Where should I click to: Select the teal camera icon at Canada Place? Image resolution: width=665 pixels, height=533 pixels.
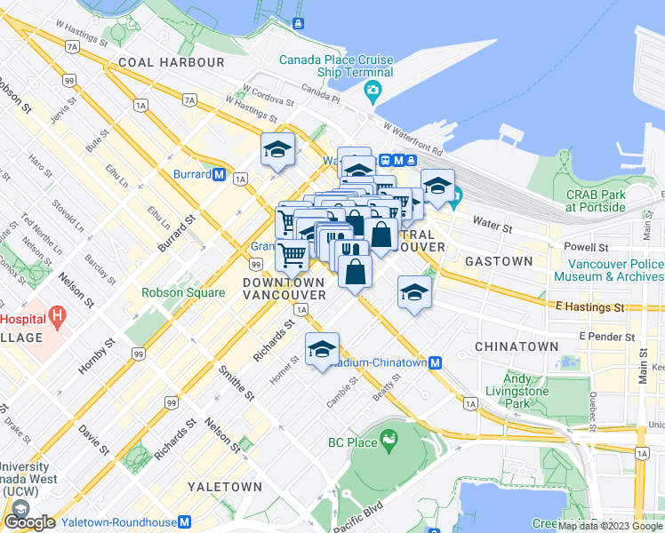coord(373,91)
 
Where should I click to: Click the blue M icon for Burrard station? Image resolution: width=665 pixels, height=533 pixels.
coord(219,174)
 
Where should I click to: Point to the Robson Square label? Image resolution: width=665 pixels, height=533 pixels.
coord(183,291)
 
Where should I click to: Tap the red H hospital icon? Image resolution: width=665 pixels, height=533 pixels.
coord(59,314)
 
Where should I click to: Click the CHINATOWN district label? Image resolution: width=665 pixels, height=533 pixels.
coord(517,346)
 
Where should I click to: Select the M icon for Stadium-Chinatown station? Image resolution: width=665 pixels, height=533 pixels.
coord(436,362)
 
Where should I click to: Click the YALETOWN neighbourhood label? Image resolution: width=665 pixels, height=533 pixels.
coord(225,487)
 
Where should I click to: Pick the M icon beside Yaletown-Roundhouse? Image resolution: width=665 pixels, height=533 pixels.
coord(185,522)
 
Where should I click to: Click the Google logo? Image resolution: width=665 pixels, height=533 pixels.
coord(29,522)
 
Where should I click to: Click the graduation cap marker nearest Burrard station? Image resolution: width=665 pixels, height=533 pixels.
coord(277,150)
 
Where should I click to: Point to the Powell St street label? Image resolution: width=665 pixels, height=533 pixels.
coord(590,248)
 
